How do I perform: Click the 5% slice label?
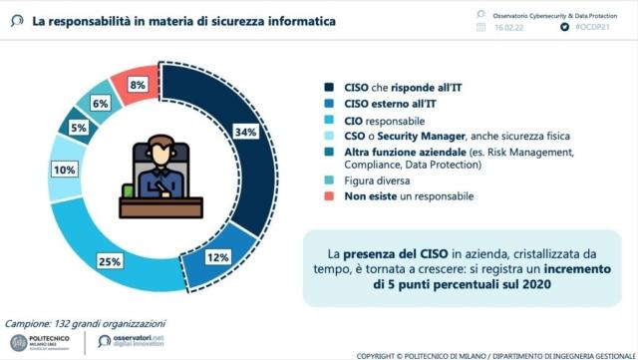tap(78, 128)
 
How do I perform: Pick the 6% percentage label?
tap(100, 103)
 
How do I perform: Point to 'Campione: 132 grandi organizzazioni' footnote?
tap(86, 323)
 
